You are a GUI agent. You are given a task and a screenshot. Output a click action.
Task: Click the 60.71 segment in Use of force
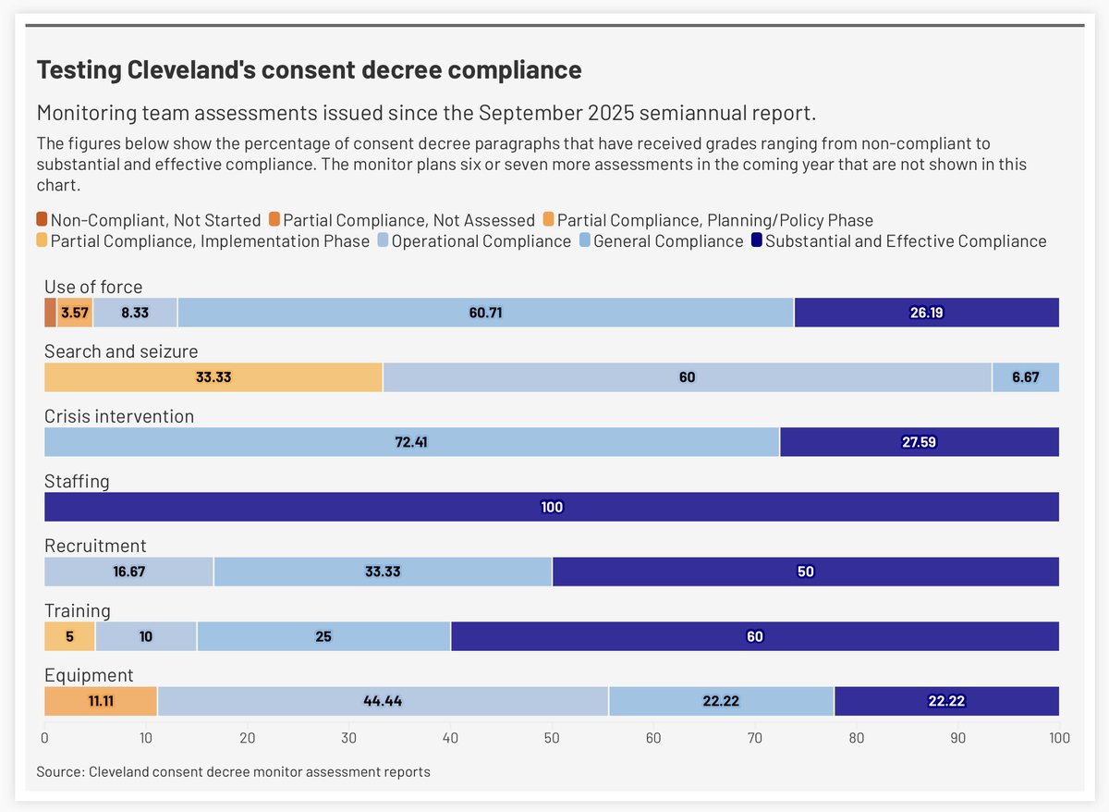pos(485,313)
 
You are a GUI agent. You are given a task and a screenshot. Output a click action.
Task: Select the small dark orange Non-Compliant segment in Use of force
pos(50,313)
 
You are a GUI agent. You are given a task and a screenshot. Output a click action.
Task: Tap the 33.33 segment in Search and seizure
pos(213,377)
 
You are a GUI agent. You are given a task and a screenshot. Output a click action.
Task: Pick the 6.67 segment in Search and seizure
pos(1025,377)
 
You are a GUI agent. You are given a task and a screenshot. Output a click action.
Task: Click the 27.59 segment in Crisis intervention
pos(919,442)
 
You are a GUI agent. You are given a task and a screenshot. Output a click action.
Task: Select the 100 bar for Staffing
pos(552,507)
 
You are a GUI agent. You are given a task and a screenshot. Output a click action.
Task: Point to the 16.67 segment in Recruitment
pos(129,572)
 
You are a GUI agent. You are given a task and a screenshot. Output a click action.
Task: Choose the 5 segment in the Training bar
pos(69,636)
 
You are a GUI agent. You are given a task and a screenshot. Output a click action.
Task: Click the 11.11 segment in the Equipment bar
pos(101,701)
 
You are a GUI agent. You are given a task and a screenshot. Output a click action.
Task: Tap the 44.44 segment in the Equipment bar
pos(383,701)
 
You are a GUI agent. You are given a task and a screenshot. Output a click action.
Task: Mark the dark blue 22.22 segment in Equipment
pos(946,701)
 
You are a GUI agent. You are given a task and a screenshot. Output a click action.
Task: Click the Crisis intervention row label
pos(119,416)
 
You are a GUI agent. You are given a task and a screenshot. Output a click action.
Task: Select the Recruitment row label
pos(95,546)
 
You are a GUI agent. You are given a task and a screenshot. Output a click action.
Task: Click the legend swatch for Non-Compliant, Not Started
pos(42,220)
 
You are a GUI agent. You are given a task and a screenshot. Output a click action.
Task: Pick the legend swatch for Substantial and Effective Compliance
pos(756,241)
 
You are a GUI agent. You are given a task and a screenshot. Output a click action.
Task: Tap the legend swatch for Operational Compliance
pos(383,241)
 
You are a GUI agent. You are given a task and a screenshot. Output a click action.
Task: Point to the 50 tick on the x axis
pos(552,738)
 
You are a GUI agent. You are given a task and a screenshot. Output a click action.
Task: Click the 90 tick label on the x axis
pos(957,738)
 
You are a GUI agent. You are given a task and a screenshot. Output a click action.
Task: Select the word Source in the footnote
pos(58,771)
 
